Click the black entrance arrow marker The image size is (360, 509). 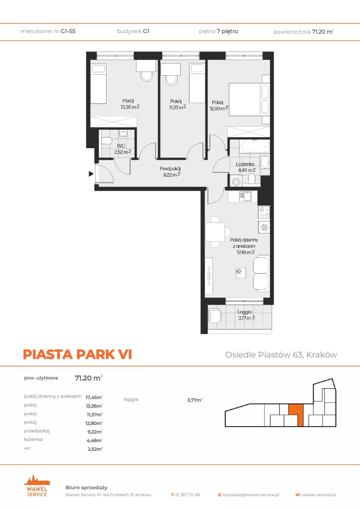click(91, 174)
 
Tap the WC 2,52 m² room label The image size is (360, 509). click(123, 149)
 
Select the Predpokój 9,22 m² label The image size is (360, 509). click(170, 171)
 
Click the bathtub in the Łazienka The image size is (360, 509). click(254, 147)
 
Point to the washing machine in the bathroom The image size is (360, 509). click(236, 181)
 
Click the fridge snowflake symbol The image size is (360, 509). click(264, 227)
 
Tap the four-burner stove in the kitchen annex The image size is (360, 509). click(264, 212)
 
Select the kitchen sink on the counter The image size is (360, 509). click(245, 196)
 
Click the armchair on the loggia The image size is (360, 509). click(215, 315)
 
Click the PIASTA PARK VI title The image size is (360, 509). click(77, 354)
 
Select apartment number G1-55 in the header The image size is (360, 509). click(68, 31)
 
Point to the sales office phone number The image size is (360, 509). click(187, 495)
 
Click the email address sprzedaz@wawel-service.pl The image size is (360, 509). click(251, 495)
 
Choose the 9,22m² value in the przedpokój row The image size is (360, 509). click(95, 432)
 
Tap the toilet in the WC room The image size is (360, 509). click(106, 141)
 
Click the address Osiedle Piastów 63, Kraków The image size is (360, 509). click(281, 355)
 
